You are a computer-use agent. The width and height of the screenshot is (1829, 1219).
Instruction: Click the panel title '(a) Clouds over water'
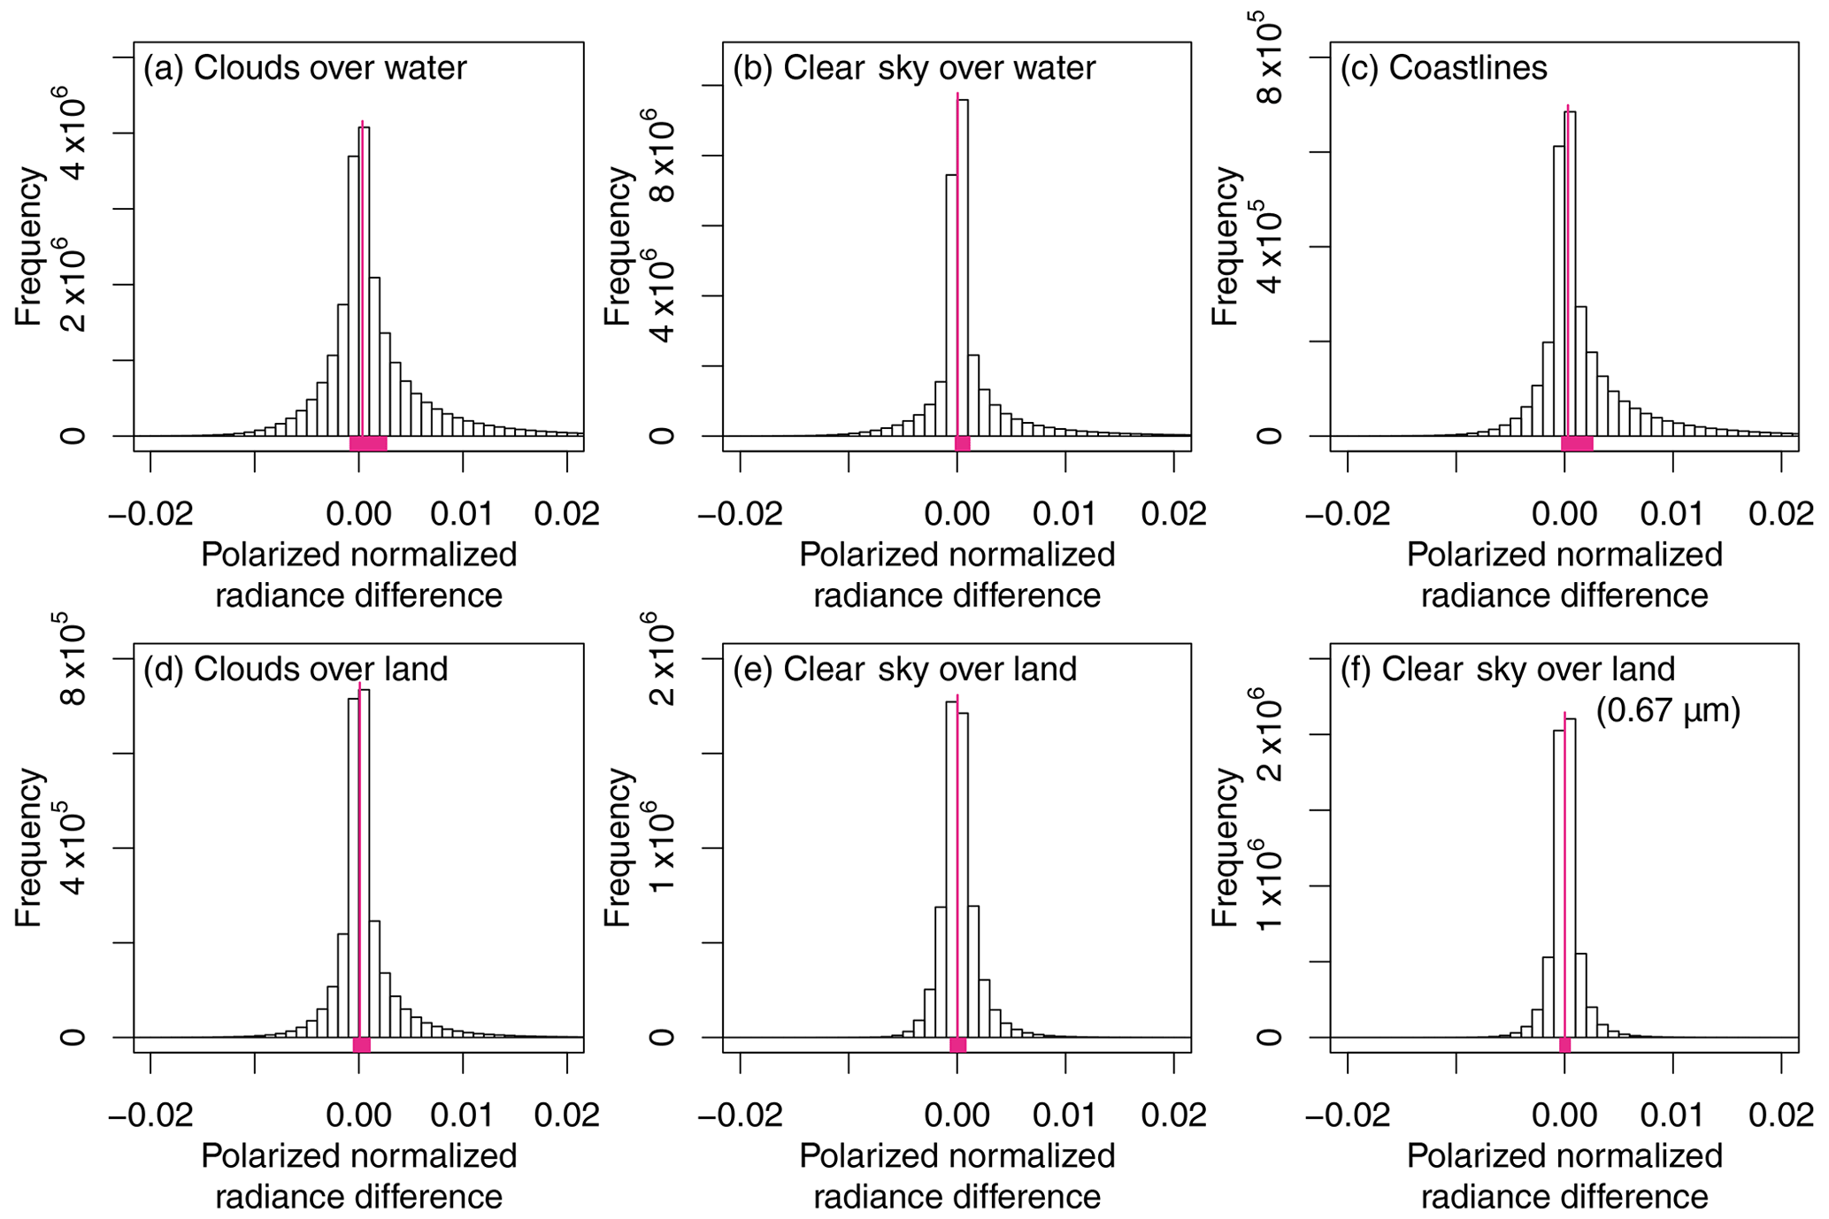[x=304, y=68]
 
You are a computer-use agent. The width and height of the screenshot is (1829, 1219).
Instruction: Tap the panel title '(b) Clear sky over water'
[x=913, y=68]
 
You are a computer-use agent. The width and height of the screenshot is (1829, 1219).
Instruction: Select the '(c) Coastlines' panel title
[x=1443, y=68]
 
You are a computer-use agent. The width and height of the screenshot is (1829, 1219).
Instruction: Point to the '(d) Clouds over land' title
[x=296, y=669]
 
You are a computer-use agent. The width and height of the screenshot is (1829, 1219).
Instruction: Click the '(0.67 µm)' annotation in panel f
[x=1668, y=710]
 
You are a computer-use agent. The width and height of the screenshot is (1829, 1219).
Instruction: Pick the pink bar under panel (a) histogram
[x=368, y=444]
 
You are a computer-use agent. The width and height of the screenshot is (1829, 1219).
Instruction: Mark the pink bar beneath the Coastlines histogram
[x=1577, y=444]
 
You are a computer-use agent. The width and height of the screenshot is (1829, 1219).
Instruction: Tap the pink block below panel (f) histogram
[x=1564, y=1045]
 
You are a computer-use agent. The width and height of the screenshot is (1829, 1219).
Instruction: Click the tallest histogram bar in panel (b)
[x=963, y=265]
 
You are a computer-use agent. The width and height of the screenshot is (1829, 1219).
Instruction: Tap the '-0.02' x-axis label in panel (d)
[x=150, y=1115]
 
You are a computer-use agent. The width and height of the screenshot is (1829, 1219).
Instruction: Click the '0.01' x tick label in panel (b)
[x=1065, y=514]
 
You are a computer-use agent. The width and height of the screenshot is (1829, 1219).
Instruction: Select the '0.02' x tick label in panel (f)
[x=1781, y=1115]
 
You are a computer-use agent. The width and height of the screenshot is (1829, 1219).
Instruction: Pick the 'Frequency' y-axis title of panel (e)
[x=619, y=847]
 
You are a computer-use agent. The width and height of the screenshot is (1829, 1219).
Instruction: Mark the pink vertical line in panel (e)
[x=957, y=867]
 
